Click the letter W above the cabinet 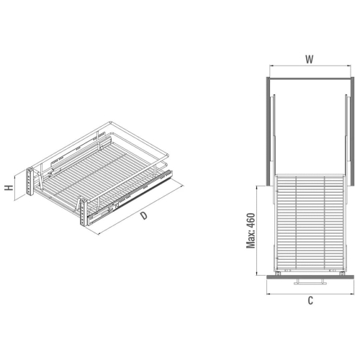(x=310, y=59)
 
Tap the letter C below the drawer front (x=310, y=300)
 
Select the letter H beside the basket (x=9, y=188)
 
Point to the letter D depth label (x=143, y=215)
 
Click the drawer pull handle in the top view (x=310, y=282)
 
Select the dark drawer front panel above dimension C (x=310, y=277)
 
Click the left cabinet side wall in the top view (x=269, y=131)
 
